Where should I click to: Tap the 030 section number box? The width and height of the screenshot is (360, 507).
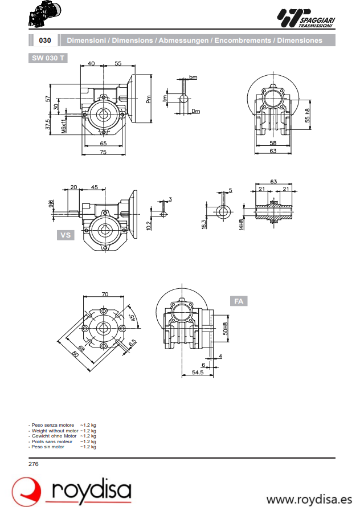[45, 40]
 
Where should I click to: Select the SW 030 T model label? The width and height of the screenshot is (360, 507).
[48, 58]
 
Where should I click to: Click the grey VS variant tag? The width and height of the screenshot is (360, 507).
[66, 235]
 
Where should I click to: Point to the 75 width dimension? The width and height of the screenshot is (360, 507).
[103, 152]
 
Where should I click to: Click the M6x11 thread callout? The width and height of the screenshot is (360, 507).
[64, 126]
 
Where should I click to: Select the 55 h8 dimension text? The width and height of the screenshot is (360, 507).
[308, 116]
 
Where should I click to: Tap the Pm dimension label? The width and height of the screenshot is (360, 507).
[148, 99]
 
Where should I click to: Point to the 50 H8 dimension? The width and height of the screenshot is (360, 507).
[226, 328]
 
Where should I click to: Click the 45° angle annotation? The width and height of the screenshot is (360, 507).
[132, 318]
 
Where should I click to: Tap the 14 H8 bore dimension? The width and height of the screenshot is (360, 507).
[242, 223]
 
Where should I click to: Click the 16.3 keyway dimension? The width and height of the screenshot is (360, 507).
[204, 223]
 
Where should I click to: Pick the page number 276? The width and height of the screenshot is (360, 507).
[34, 464]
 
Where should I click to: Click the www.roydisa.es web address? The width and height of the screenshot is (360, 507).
[309, 499]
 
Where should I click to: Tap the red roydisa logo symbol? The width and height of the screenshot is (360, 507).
[27, 491]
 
